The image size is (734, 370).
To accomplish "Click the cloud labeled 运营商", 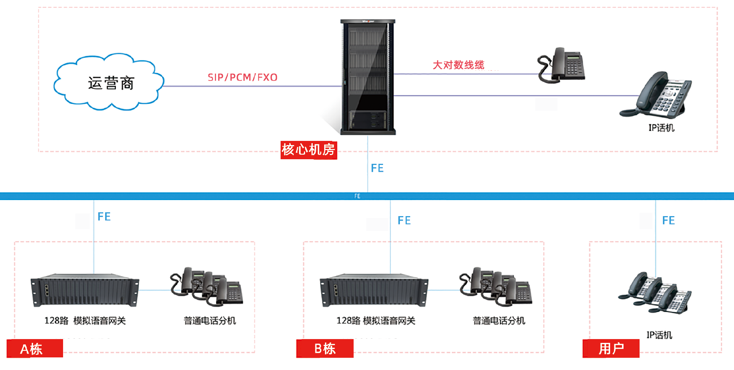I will (109, 82).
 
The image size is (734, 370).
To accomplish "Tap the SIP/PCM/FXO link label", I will (242, 78).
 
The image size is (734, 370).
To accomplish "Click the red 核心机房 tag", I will (309, 150).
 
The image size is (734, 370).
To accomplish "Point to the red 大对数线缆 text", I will (458, 65).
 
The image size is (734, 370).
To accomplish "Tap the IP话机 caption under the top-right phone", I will (661, 128).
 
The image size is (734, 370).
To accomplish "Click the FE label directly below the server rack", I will (377, 168).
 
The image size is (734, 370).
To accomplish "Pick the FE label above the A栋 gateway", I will (104, 217).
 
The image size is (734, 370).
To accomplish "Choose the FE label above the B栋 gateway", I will (404, 221).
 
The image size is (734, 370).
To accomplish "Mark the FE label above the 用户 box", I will (668, 221).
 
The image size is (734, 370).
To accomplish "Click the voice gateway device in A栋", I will (85, 290).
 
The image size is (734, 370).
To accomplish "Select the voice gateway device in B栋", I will (374, 290).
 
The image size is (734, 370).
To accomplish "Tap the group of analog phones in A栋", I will (207, 286).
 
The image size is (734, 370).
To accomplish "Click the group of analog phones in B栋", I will (496, 286).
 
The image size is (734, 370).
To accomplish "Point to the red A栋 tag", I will (35, 349).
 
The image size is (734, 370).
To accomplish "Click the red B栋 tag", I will (325, 349).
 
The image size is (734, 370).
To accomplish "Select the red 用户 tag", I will (611, 349).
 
